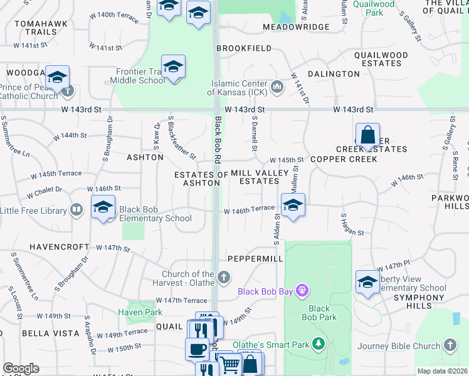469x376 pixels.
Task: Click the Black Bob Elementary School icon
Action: coord(103,207)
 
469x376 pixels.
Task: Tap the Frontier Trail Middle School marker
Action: coord(173,66)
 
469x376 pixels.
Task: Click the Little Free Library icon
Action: coord(76,209)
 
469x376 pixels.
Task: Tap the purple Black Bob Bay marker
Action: coord(302,291)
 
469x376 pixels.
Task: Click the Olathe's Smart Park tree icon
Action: coord(319,343)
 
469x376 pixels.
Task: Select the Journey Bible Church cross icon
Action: coord(450,345)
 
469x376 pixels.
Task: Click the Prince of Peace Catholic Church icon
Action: coord(68,91)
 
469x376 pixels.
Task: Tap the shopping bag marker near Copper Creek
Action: coord(367,135)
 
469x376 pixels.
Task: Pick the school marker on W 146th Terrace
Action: coord(292,205)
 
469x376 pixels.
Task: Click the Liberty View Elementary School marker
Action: coord(367,281)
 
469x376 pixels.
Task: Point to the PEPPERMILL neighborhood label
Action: coord(251,258)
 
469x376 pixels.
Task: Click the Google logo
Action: coord(21,368)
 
